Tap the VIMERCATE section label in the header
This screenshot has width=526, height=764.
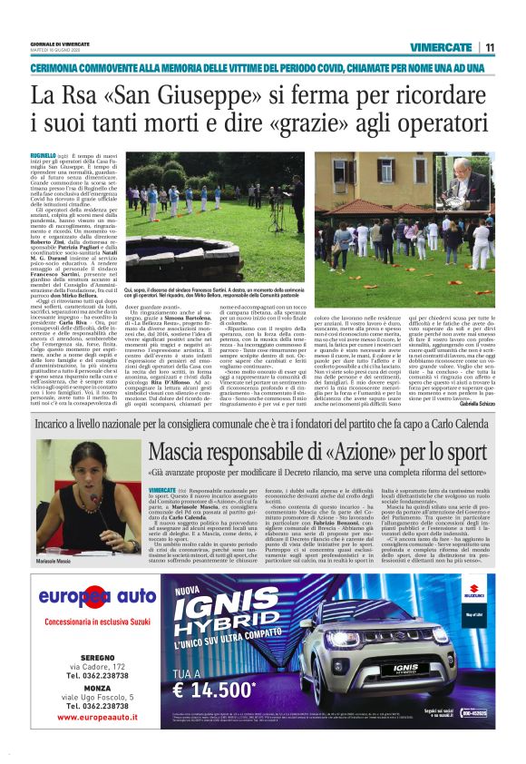(x=440, y=47)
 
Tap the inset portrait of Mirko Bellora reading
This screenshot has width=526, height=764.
(x=466, y=186)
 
